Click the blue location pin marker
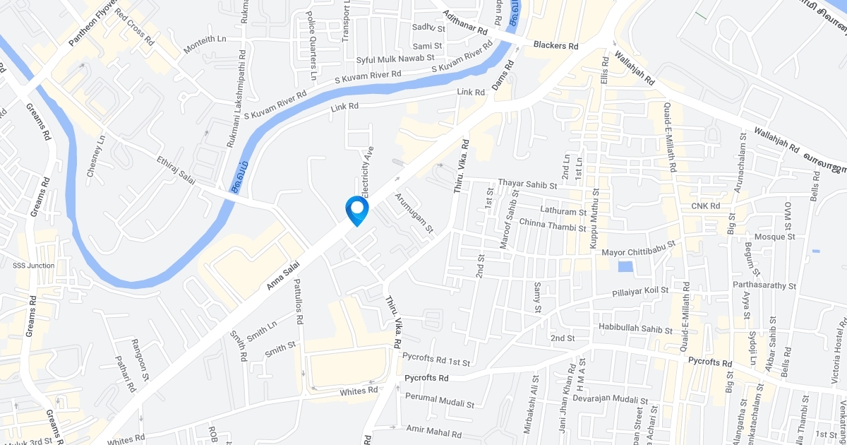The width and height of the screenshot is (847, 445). (356, 210)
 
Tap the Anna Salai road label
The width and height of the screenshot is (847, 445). (284, 275)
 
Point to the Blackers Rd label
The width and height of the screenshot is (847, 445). (555, 45)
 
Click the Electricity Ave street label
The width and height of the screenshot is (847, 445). (367, 172)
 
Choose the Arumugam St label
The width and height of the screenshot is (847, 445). (414, 213)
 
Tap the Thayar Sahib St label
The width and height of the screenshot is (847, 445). (527, 183)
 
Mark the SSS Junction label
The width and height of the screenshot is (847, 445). (33, 266)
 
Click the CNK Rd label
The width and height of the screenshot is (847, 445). (705, 206)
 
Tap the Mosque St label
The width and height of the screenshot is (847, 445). (775, 237)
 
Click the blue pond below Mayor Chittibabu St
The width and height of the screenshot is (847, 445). (625, 266)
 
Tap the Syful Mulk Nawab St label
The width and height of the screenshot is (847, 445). (395, 58)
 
